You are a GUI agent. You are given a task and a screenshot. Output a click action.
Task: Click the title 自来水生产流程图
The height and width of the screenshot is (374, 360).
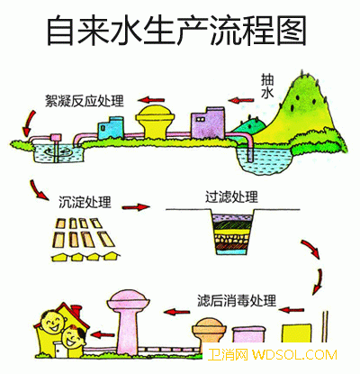pos(176,31)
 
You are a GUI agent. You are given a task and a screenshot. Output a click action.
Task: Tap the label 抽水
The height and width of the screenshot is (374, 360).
pos(267,87)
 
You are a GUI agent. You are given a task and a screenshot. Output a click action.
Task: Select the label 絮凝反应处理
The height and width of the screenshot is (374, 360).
pos(85,101)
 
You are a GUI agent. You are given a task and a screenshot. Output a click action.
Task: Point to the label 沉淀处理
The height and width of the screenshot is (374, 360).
pos(85,202)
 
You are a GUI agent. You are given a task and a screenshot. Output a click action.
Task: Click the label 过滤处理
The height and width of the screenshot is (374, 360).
pos(231,196)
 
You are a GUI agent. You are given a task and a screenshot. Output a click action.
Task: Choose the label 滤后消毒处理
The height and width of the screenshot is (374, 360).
pos(237,300)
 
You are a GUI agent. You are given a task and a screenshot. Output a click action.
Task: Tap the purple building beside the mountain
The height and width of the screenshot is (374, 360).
pos(208,123)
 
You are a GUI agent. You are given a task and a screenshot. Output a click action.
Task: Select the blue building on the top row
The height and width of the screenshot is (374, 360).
pos(111,128)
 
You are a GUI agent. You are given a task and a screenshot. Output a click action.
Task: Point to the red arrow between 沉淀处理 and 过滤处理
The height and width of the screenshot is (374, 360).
pos(136,207)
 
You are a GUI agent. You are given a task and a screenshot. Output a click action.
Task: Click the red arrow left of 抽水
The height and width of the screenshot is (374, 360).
pos(240,100)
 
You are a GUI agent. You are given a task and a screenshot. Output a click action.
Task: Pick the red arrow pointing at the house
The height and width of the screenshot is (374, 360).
pos(103,334)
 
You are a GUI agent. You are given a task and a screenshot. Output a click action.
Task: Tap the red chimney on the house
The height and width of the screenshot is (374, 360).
pos(76,312)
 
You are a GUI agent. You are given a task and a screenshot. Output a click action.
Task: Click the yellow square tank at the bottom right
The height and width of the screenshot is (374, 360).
pos(296,333)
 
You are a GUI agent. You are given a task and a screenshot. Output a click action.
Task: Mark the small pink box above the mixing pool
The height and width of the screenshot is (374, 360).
pos(56,138)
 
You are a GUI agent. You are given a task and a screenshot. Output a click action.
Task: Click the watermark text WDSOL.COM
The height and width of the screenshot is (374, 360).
pos(294,355)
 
